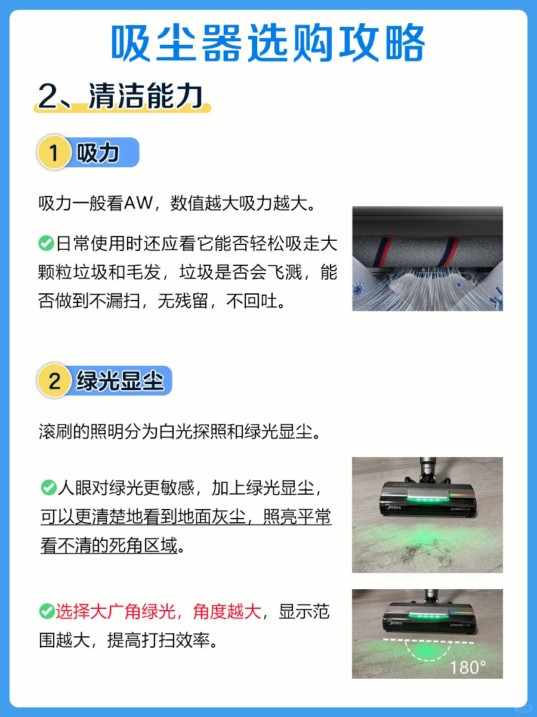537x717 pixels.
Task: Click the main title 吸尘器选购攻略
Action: click(268, 42)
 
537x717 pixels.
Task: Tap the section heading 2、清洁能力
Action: click(121, 96)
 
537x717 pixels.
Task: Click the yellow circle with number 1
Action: click(54, 152)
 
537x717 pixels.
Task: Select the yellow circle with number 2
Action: click(54, 381)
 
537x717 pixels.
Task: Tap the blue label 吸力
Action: click(97, 152)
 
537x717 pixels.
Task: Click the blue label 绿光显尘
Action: click(120, 381)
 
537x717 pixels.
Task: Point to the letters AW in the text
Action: click(138, 203)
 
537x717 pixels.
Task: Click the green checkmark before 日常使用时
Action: click(46, 243)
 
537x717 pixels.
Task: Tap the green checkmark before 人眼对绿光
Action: click(48, 488)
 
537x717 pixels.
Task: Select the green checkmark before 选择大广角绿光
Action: click(47, 611)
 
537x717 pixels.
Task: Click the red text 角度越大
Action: click(227, 611)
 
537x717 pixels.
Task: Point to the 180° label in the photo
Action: click(468, 667)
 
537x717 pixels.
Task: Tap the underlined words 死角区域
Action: click(143, 545)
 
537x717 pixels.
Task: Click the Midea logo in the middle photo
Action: click(394, 507)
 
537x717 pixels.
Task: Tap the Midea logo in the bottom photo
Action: click(395, 622)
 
